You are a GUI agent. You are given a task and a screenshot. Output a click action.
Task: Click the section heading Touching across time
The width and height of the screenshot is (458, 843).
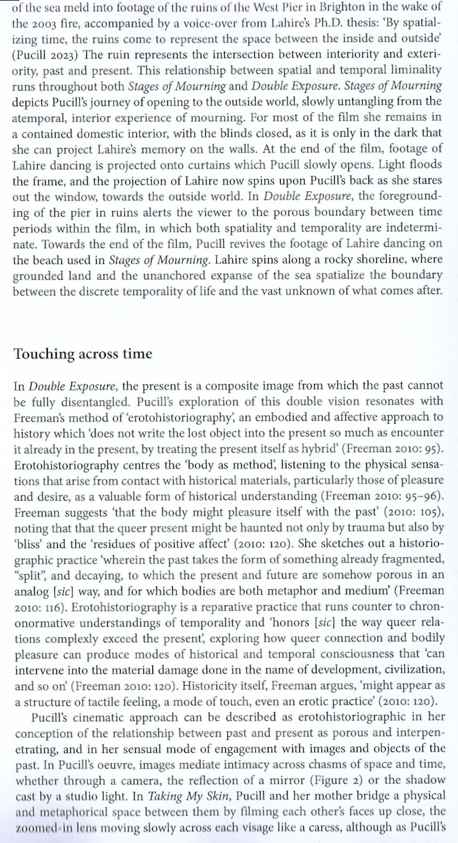83,354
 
